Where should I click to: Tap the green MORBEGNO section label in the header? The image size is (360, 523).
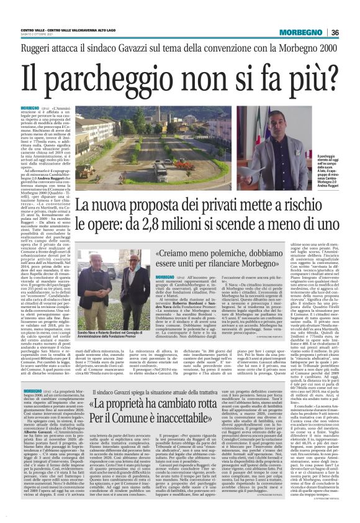tap(307, 32)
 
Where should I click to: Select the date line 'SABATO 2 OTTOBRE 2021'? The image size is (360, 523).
tap(40, 35)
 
